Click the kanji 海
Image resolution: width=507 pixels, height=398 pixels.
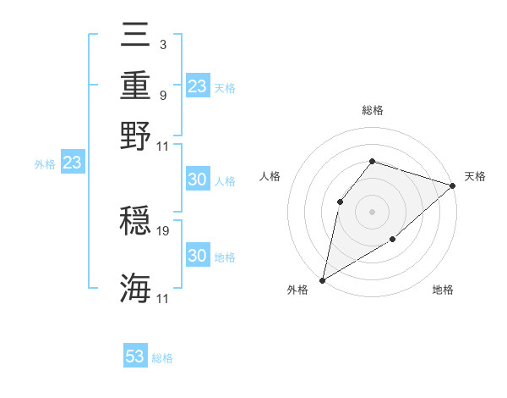point(135,288)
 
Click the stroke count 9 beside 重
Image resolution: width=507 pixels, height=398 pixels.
point(163,95)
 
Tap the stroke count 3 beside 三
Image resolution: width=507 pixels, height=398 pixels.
point(163,44)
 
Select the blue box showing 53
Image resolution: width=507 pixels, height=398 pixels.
point(135,357)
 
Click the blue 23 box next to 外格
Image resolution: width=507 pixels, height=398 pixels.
point(72,163)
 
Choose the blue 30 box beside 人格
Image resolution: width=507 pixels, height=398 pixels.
point(197,180)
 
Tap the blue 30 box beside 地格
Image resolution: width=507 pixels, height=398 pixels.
point(197,256)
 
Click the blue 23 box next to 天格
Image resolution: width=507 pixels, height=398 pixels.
point(197,86)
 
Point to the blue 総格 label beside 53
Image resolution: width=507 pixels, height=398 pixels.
point(162,358)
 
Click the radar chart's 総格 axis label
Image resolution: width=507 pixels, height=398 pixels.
point(372,110)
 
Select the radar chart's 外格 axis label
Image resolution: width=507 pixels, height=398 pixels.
point(297,290)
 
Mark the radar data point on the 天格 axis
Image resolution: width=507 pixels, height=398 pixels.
point(453,186)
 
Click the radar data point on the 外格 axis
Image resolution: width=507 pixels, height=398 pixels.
point(322,280)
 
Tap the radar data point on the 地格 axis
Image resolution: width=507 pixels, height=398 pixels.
point(393,240)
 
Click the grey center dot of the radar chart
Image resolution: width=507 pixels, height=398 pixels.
point(372,211)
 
